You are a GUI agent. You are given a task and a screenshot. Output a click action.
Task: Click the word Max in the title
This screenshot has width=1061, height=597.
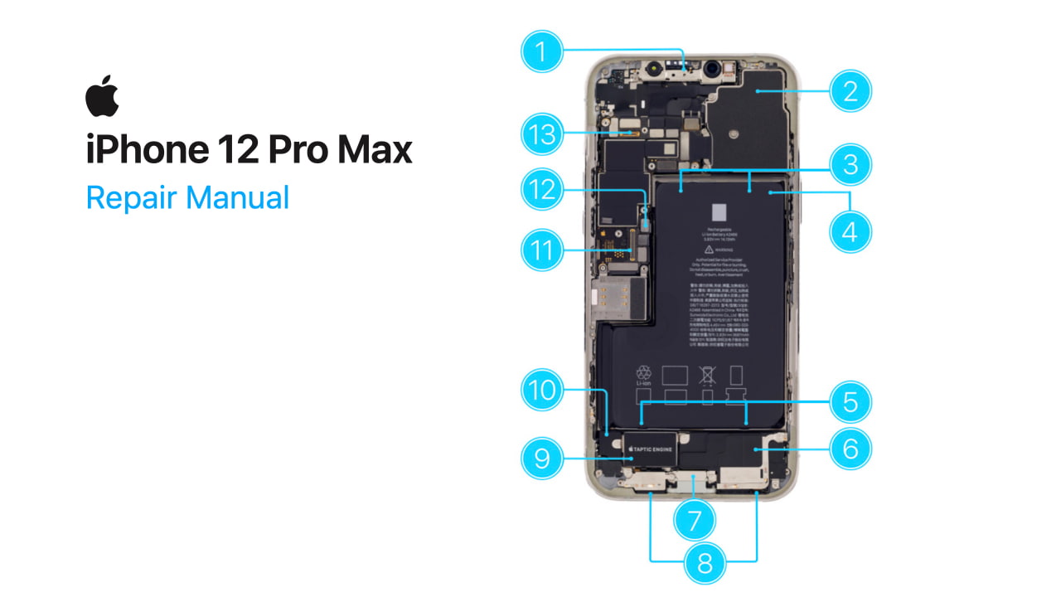tap(374, 151)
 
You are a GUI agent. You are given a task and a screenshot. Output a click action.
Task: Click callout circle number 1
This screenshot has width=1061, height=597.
tap(542, 52)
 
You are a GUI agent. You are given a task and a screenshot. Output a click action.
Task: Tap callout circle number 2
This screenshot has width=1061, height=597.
tap(850, 90)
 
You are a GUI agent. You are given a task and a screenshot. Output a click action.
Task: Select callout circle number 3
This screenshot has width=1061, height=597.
tap(850, 164)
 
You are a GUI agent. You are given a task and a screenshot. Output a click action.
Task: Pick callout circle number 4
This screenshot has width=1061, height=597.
tap(850, 232)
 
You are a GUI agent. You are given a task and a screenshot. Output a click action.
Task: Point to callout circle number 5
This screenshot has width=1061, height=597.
tap(850, 402)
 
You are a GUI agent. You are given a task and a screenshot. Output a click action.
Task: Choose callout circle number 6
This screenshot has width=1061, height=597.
tap(850, 449)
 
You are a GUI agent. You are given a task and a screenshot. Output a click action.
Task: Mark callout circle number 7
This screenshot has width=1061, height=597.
tap(695, 520)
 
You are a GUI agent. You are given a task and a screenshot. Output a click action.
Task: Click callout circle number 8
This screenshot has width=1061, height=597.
tap(705, 563)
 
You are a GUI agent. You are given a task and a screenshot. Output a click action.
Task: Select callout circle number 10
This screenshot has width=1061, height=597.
tap(542, 390)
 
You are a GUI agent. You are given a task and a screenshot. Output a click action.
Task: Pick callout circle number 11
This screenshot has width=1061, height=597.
tap(542, 250)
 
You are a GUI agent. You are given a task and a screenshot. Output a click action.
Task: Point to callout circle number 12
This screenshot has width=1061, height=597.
tap(542, 190)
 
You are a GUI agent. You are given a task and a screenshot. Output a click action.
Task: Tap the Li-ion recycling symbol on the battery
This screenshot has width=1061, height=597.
tap(643, 375)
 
